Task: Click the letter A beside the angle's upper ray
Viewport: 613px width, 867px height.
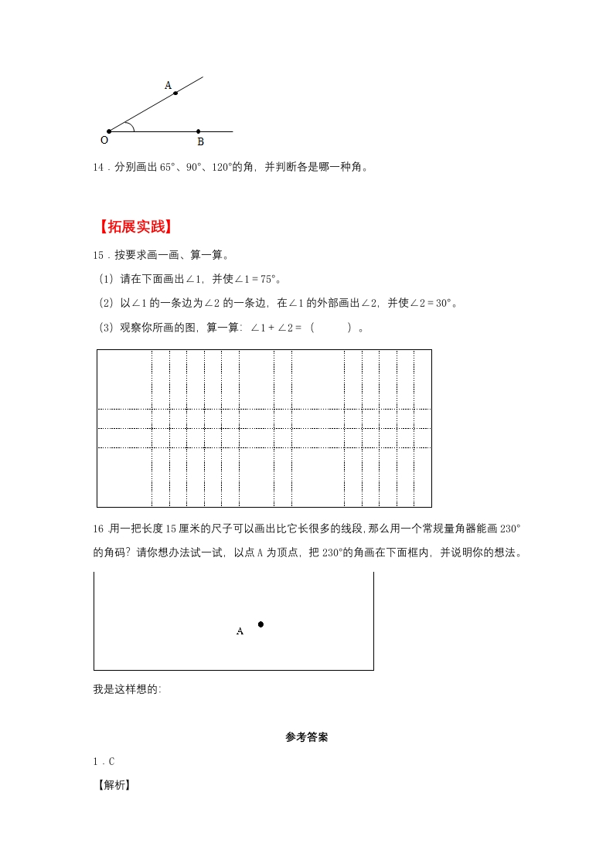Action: coord(168,86)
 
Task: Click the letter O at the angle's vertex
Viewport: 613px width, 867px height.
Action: coord(104,141)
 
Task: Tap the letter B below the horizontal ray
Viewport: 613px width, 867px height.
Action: coord(200,142)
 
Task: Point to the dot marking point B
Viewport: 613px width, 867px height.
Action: coord(199,131)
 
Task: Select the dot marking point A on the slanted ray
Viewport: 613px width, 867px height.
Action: coord(175,93)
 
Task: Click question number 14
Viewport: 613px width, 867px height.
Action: coord(98,167)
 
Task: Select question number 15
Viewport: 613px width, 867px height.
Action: coord(98,255)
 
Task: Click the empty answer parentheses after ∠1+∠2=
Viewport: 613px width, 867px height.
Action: coord(333,328)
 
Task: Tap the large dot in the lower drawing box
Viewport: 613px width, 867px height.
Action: coord(261,624)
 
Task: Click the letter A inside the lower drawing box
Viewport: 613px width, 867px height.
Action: coord(240,631)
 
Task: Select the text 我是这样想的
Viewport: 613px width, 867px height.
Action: coord(127,690)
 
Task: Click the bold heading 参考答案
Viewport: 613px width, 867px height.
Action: coord(306,738)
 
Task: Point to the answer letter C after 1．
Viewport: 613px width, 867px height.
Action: coord(111,762)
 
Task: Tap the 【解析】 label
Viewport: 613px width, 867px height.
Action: coord(111,786)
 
